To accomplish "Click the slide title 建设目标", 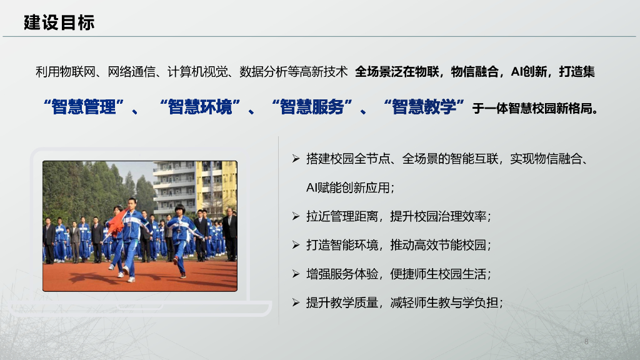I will [x=59, y=23].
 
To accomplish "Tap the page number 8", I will [x=586, y=341].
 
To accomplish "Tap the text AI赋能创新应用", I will [x=350, y=188].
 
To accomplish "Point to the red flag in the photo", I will [x=117, y=222].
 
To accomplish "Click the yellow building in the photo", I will [x=216, y=181].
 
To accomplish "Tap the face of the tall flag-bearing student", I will [x=132, y=204].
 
